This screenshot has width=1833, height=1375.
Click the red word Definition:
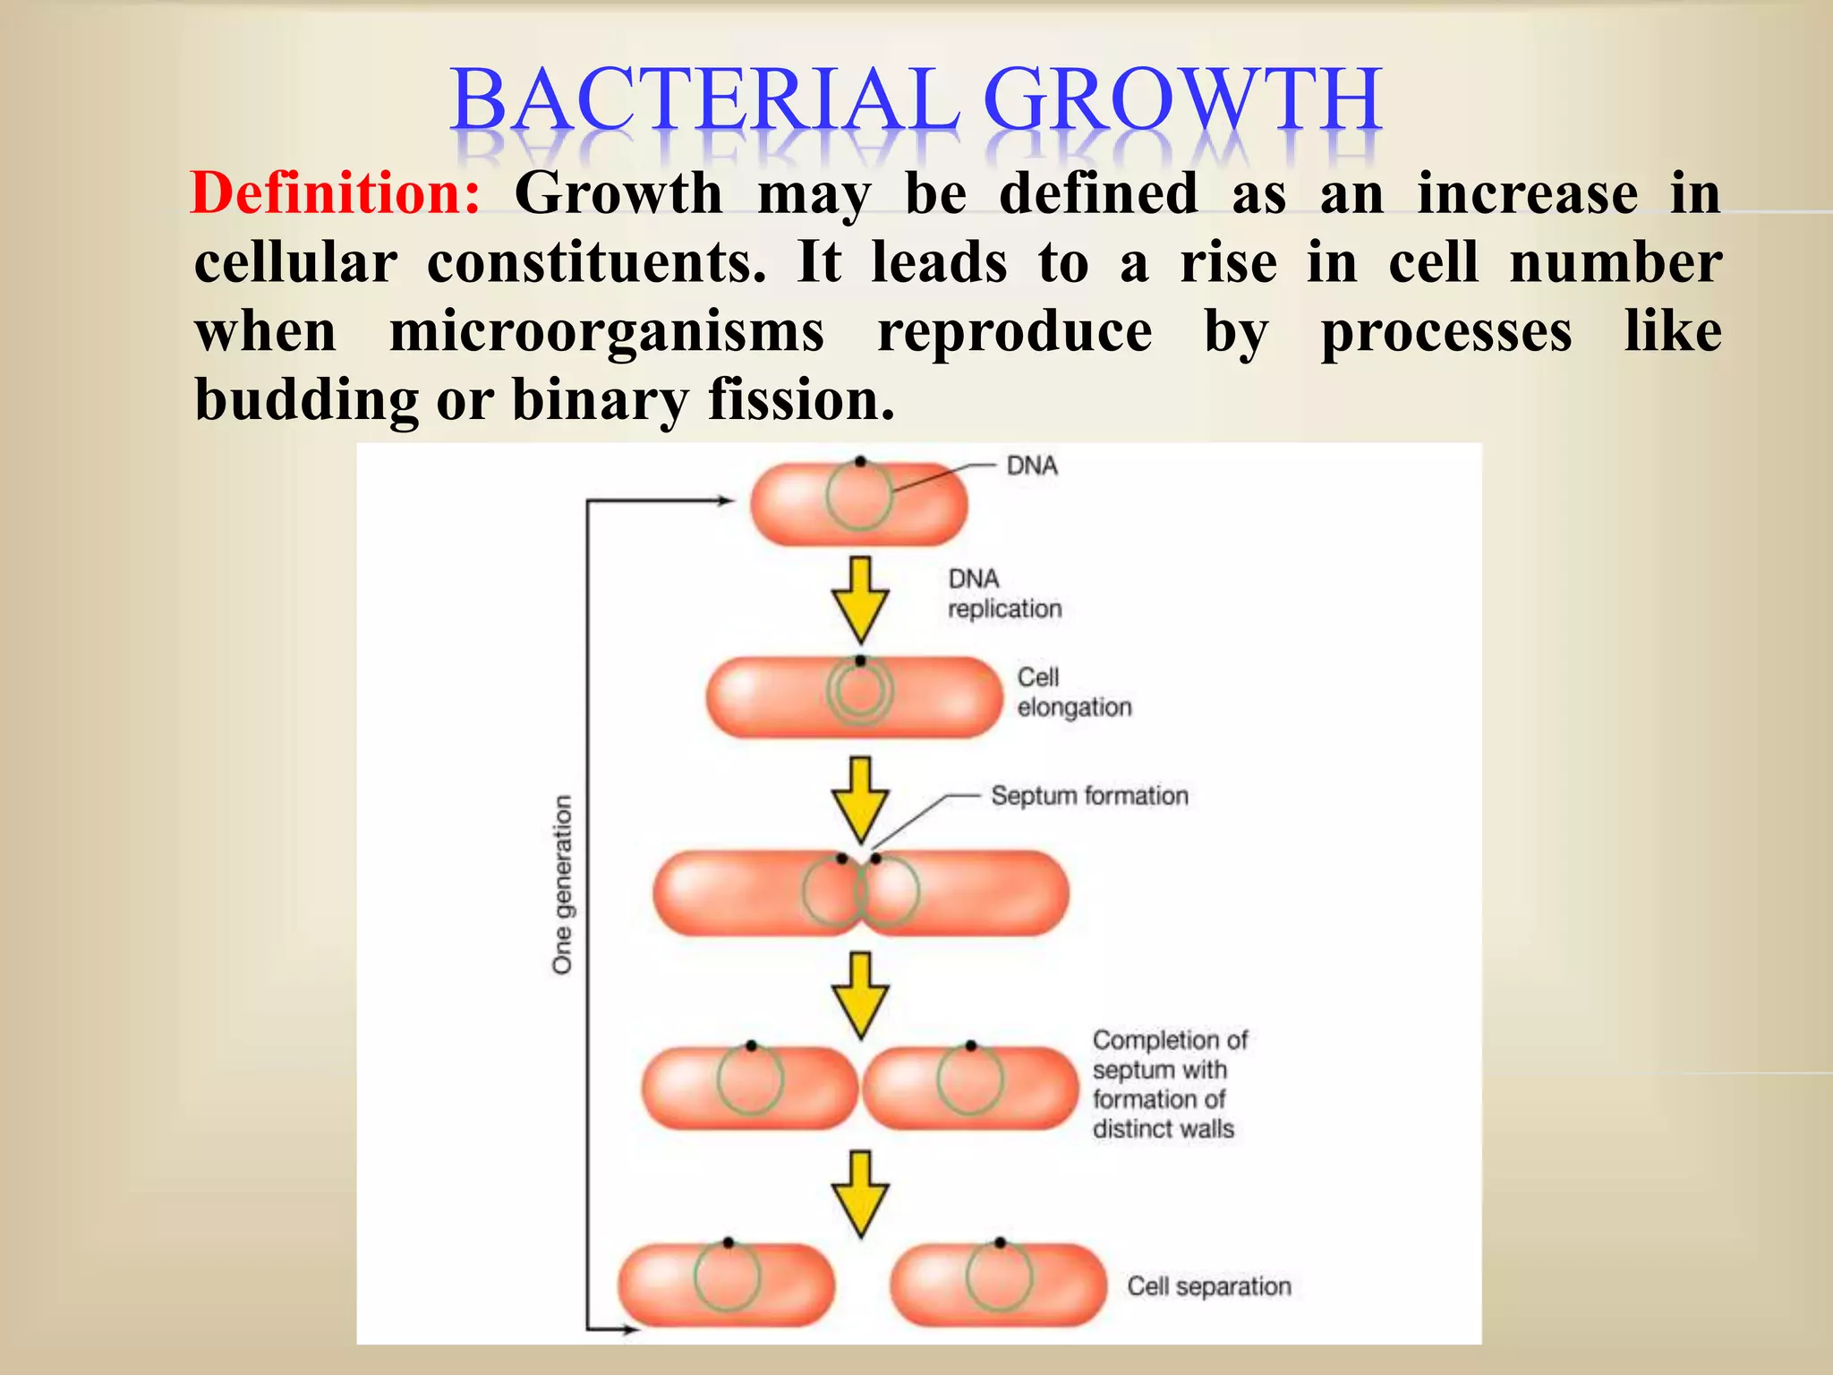click(x=336, y=193)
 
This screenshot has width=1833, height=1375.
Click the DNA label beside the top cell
click(x=1032, y=465)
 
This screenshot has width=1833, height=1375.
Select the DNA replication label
click(x=1003, y=594)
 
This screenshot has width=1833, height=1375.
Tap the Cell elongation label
click(x=1073, y=692)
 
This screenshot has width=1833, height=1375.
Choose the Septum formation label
click(x=1089, y=795)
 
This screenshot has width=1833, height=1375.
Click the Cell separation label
click(x=1208, y=1285)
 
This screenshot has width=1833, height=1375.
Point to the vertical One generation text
click(x=562, y=884)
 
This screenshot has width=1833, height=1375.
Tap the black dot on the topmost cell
click(x=859, y=462)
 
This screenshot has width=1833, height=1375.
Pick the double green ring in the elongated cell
click(x=859, y=693)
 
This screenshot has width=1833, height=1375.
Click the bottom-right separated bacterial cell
click(x=999, y=1285)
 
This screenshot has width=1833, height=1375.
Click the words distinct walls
click(x=1163, y=1129)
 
